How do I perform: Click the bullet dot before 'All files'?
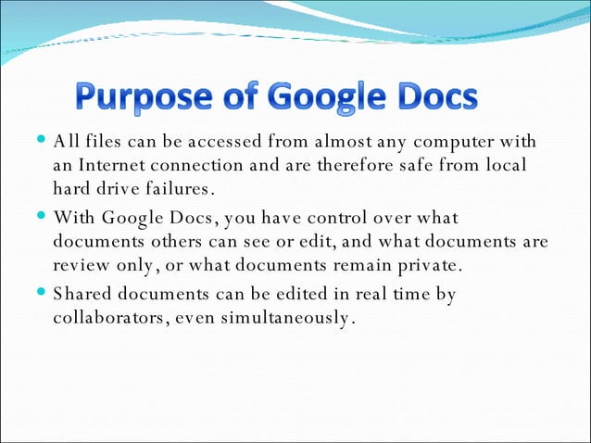click(x=43, y=142)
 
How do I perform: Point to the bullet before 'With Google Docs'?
click(x=43, y=219)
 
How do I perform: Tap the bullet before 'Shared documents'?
click(x=43, y=295)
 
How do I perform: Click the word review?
click(x=82, y=267)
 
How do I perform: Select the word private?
click(x=426, y=267)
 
